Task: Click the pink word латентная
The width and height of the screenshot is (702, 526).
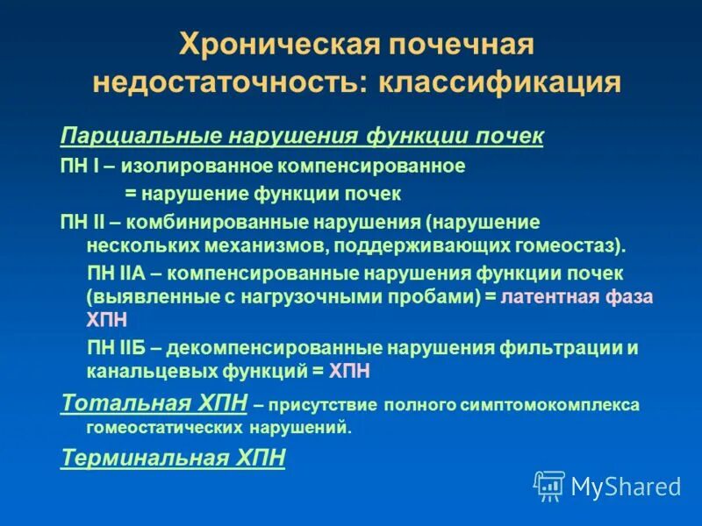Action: tap(547, 296)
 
